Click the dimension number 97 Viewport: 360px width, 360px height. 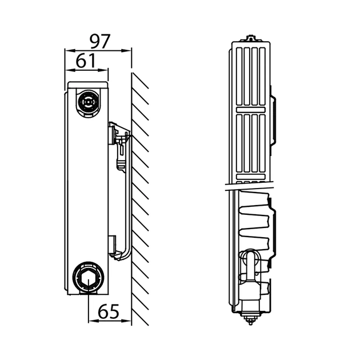100,41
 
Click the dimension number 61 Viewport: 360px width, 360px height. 85,61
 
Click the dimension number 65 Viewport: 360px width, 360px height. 109,311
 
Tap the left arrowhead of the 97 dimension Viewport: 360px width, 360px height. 69,50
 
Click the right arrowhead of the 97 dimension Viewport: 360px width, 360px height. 126,50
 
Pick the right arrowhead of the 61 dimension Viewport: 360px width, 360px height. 103,70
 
